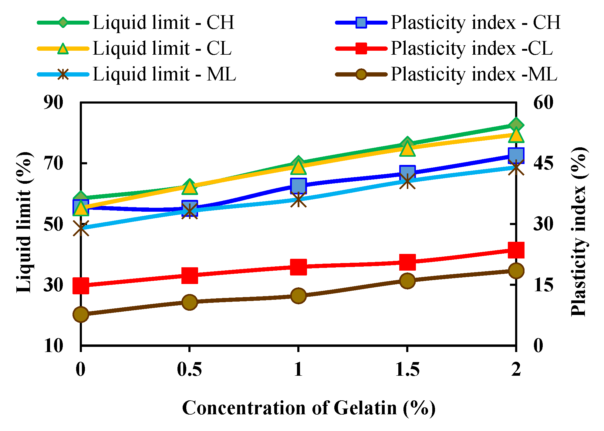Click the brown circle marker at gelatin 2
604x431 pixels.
pyautogui.click(x=516, y=271)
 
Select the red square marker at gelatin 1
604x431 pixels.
pyautogui.click(x=298, y=267)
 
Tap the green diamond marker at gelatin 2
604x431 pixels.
pyautogui.click(x=516, y=125)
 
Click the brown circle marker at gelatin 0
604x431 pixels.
pyautogui.click(x=81, y=314)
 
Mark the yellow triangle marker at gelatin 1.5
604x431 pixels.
pyautogui.click(x=407, y=149)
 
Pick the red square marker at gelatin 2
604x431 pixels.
pyautogui.click(x=516, y=250)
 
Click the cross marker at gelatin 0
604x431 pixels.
pyautogui.click(x=81, y=228)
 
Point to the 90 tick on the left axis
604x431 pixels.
pyautogui.click(x=53, y=103)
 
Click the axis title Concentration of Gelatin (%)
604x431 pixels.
pyautogui.click(x=309, y=408)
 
